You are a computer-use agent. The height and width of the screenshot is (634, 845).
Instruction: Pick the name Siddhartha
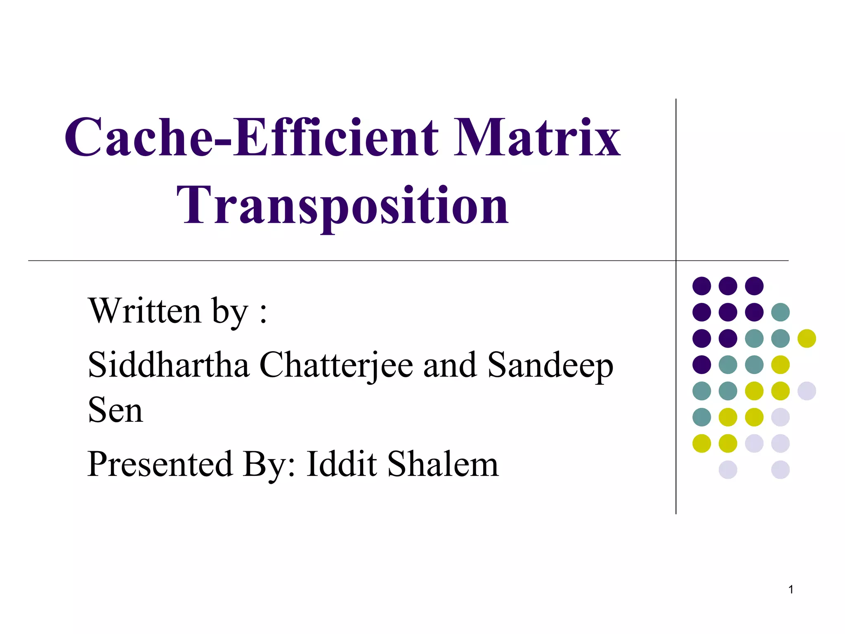pyautogui.click(x=168, y=365)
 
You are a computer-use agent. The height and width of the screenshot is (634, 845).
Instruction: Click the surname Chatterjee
pyautogui.click(x=336, y=366)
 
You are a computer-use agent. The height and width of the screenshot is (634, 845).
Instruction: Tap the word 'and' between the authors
pyautogui.click(x=450, y=365)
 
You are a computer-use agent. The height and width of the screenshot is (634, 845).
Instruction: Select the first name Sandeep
pyautogui.click(x=550, y=366)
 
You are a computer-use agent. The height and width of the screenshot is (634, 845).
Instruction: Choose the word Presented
pyautogui.click(x=160, y=464)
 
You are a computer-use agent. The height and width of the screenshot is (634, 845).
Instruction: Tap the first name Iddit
pyautogui.click(x=342, y=464)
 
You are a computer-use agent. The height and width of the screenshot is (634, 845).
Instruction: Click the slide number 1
pyautogui.click(x=791, y=589)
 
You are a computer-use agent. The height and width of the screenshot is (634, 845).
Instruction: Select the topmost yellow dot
pyautogui.click(x=807, y=338)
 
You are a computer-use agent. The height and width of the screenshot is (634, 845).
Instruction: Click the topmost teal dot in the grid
pyautogui.click(x=780, y=312)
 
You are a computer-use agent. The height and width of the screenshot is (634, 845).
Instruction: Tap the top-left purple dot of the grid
pyautogui.click(x=701, y=286)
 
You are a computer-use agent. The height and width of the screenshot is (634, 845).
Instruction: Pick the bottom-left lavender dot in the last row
pyautogui.click(x=728, y=470)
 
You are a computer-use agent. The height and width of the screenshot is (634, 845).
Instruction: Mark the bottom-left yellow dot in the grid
pyautogui.click(x=701, y=443)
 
